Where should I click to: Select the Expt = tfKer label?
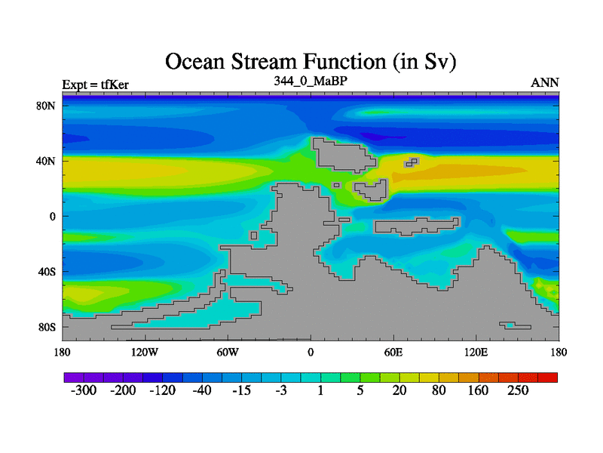click(x=96, y=85)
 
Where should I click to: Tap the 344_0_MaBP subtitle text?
click(x=311, y=82)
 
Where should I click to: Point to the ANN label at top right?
click(x=544, y=83)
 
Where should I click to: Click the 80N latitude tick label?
click(x=46, y=106)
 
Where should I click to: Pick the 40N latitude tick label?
click(x=46, y=161)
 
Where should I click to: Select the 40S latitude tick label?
click(x=47, y=272)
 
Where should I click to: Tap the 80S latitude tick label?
click(x=47, y=328)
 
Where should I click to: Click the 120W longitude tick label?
click(x=145, y=352)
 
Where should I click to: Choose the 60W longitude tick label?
click(x=228, y=352)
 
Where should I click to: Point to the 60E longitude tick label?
click(x=393, y=352)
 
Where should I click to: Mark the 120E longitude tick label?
click(x=476, y=352)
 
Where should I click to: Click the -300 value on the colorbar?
click(x=84, y=390)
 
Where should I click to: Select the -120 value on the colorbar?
click(x=162, y=390)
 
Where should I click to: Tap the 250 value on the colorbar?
click(x=518, y=390)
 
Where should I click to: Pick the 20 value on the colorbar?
click(x=399, y=390)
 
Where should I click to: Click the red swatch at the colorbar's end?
click(x=548, y=377)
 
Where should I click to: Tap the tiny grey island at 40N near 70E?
click(x=412, y=162)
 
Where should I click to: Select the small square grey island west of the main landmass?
click(x=253, y=236)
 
